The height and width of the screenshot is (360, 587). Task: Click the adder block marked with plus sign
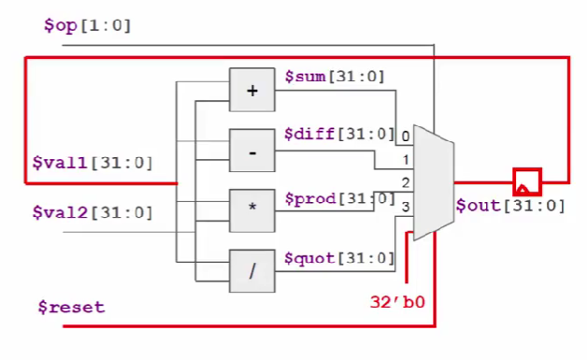click(250, 90)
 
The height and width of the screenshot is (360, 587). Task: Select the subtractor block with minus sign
click(250, 150)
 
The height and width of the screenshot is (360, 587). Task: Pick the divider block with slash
click(250, 271)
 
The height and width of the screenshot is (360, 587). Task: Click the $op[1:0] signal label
click(87, 24)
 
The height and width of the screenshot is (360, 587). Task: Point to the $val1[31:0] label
click(92, 163)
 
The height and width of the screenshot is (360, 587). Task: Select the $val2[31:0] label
click(92, 213)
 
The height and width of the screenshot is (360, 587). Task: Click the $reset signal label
click(71, 307)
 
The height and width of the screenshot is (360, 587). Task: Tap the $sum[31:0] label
click(334, 76)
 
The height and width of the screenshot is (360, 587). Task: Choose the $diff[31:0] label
click(339, 134)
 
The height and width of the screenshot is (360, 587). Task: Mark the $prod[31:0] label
click(339, 197)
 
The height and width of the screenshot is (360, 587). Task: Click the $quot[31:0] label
click(339, 257)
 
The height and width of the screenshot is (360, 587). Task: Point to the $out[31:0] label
click(510, 206)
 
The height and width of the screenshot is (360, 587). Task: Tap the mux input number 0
click(405, 137)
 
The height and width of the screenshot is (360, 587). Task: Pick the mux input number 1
click(405, 160)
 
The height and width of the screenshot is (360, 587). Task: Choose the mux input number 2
click(405, 181)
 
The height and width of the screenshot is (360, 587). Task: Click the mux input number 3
click(405, 204)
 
